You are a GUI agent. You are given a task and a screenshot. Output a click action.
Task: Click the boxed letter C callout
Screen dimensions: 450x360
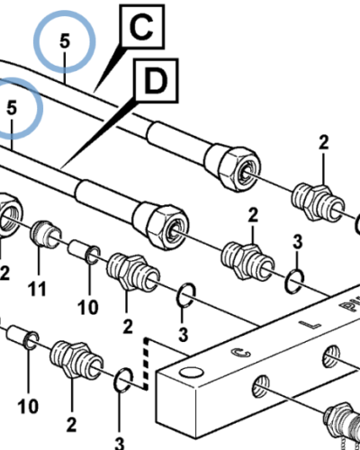click(x=142, y=30)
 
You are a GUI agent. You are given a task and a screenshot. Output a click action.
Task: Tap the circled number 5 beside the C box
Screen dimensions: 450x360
click(x=64, y=41)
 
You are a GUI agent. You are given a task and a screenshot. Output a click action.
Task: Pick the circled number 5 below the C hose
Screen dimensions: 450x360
click(x=13, y=107)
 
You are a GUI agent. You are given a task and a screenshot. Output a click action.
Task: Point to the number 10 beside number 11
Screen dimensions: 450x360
click(x=87, y=308)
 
